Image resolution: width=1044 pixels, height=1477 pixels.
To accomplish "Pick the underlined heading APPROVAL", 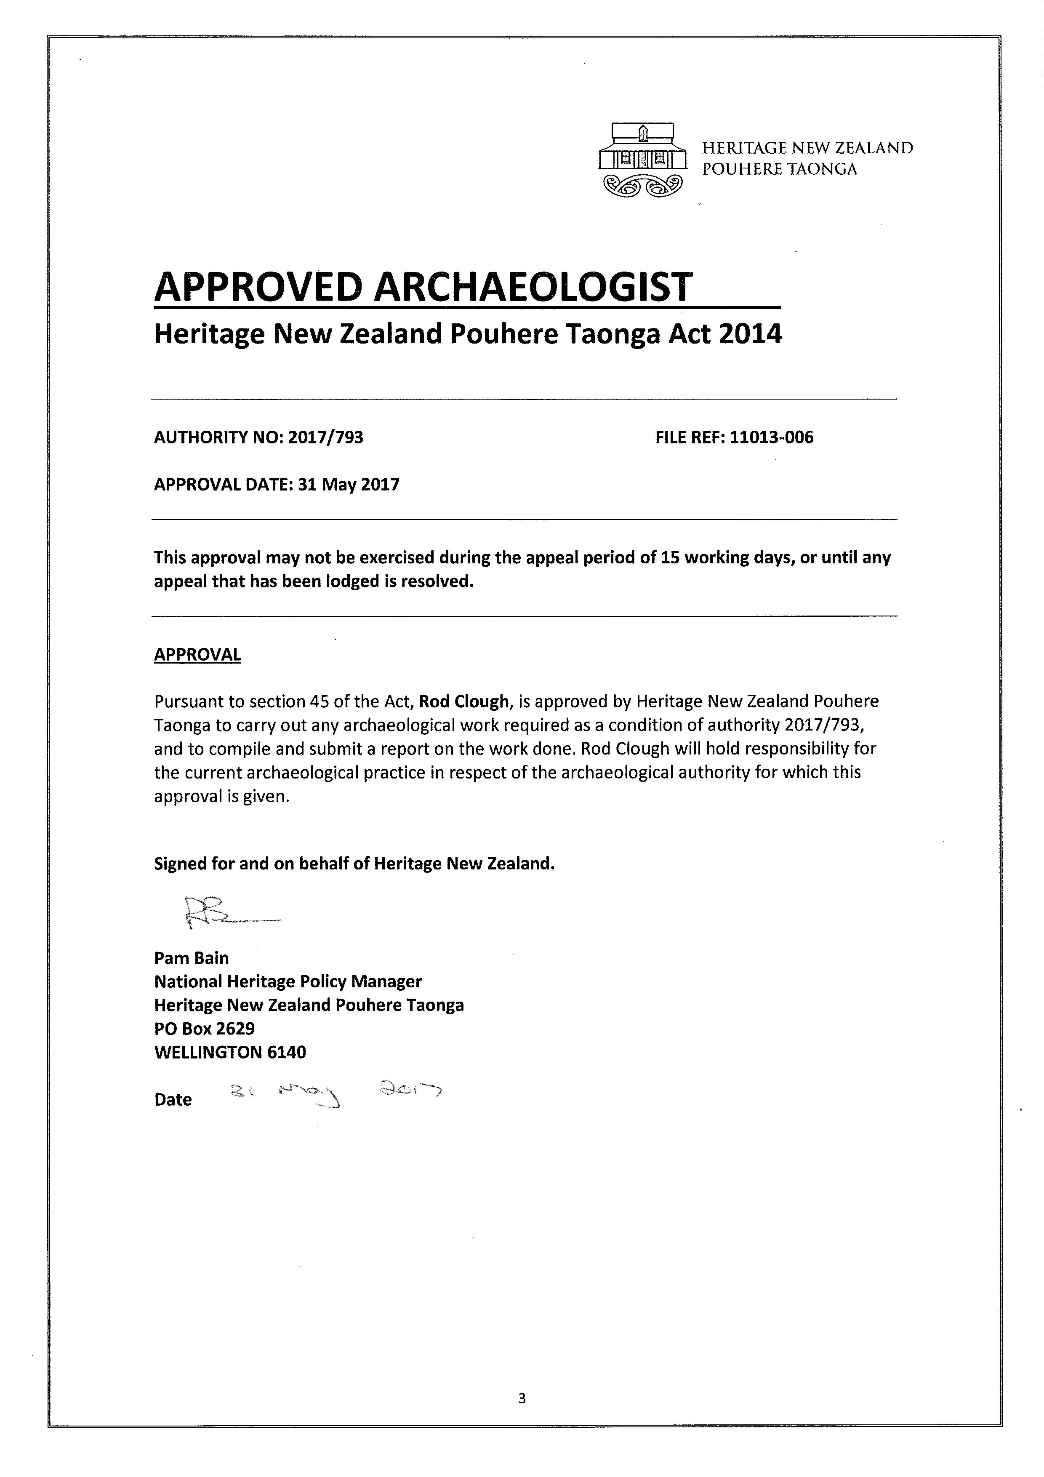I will point(197,655).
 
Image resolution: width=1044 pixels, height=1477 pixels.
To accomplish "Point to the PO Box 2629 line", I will point(205,1029).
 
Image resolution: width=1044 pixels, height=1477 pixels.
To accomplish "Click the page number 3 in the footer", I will point(522,1398).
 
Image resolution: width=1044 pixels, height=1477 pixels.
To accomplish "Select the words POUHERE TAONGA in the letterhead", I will point(780,169).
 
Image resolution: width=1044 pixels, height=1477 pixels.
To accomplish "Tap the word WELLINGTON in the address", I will point(208,1053).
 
